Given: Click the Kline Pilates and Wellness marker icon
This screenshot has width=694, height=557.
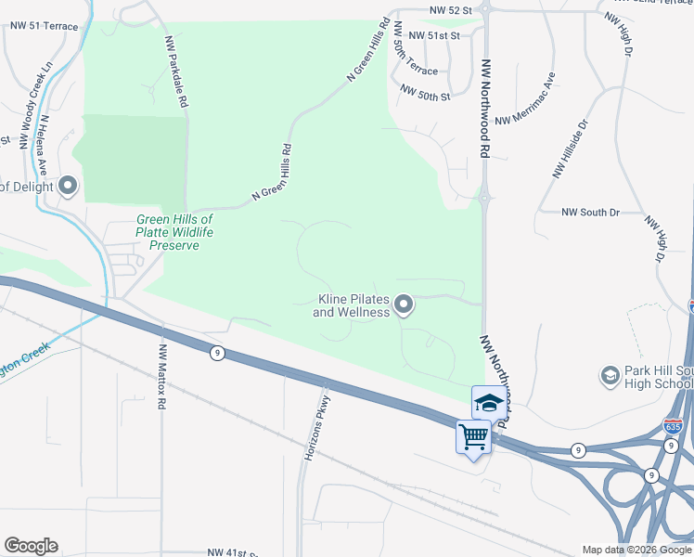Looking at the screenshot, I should pyautogui.click(x=404, y=304).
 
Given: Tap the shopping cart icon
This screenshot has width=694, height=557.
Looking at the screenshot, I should pyautogui.click(x=473, y=435).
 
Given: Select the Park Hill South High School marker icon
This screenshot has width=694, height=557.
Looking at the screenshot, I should pyautogui.click(x=610, y=373).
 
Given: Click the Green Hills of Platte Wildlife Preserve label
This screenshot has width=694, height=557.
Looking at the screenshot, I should pyautogui.click(x=168, y=232).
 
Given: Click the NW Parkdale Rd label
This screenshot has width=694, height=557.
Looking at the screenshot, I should pyautogui.click(x=176, y=71).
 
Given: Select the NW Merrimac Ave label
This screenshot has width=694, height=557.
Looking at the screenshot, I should pyautogui.click(x=525, y=99).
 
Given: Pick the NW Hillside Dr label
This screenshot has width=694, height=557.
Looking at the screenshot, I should pyautogui.click(x=570, y=149).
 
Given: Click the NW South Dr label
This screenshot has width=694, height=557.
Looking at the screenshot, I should pyautogui.click(x=590, y=213).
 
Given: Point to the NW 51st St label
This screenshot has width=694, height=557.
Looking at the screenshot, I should pyautogui.click(x=434, y=35).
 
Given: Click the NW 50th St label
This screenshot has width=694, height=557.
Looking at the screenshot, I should pyautogui.click(x=425, y=93).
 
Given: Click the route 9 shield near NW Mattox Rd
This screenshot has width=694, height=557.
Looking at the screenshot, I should pyautogui.click(x=216, y=353).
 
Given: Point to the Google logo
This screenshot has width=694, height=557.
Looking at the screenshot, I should pyautogui.click(x=31, y=546).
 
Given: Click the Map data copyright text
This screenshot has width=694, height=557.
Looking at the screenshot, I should pyautogui.click(x=636, y=550).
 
